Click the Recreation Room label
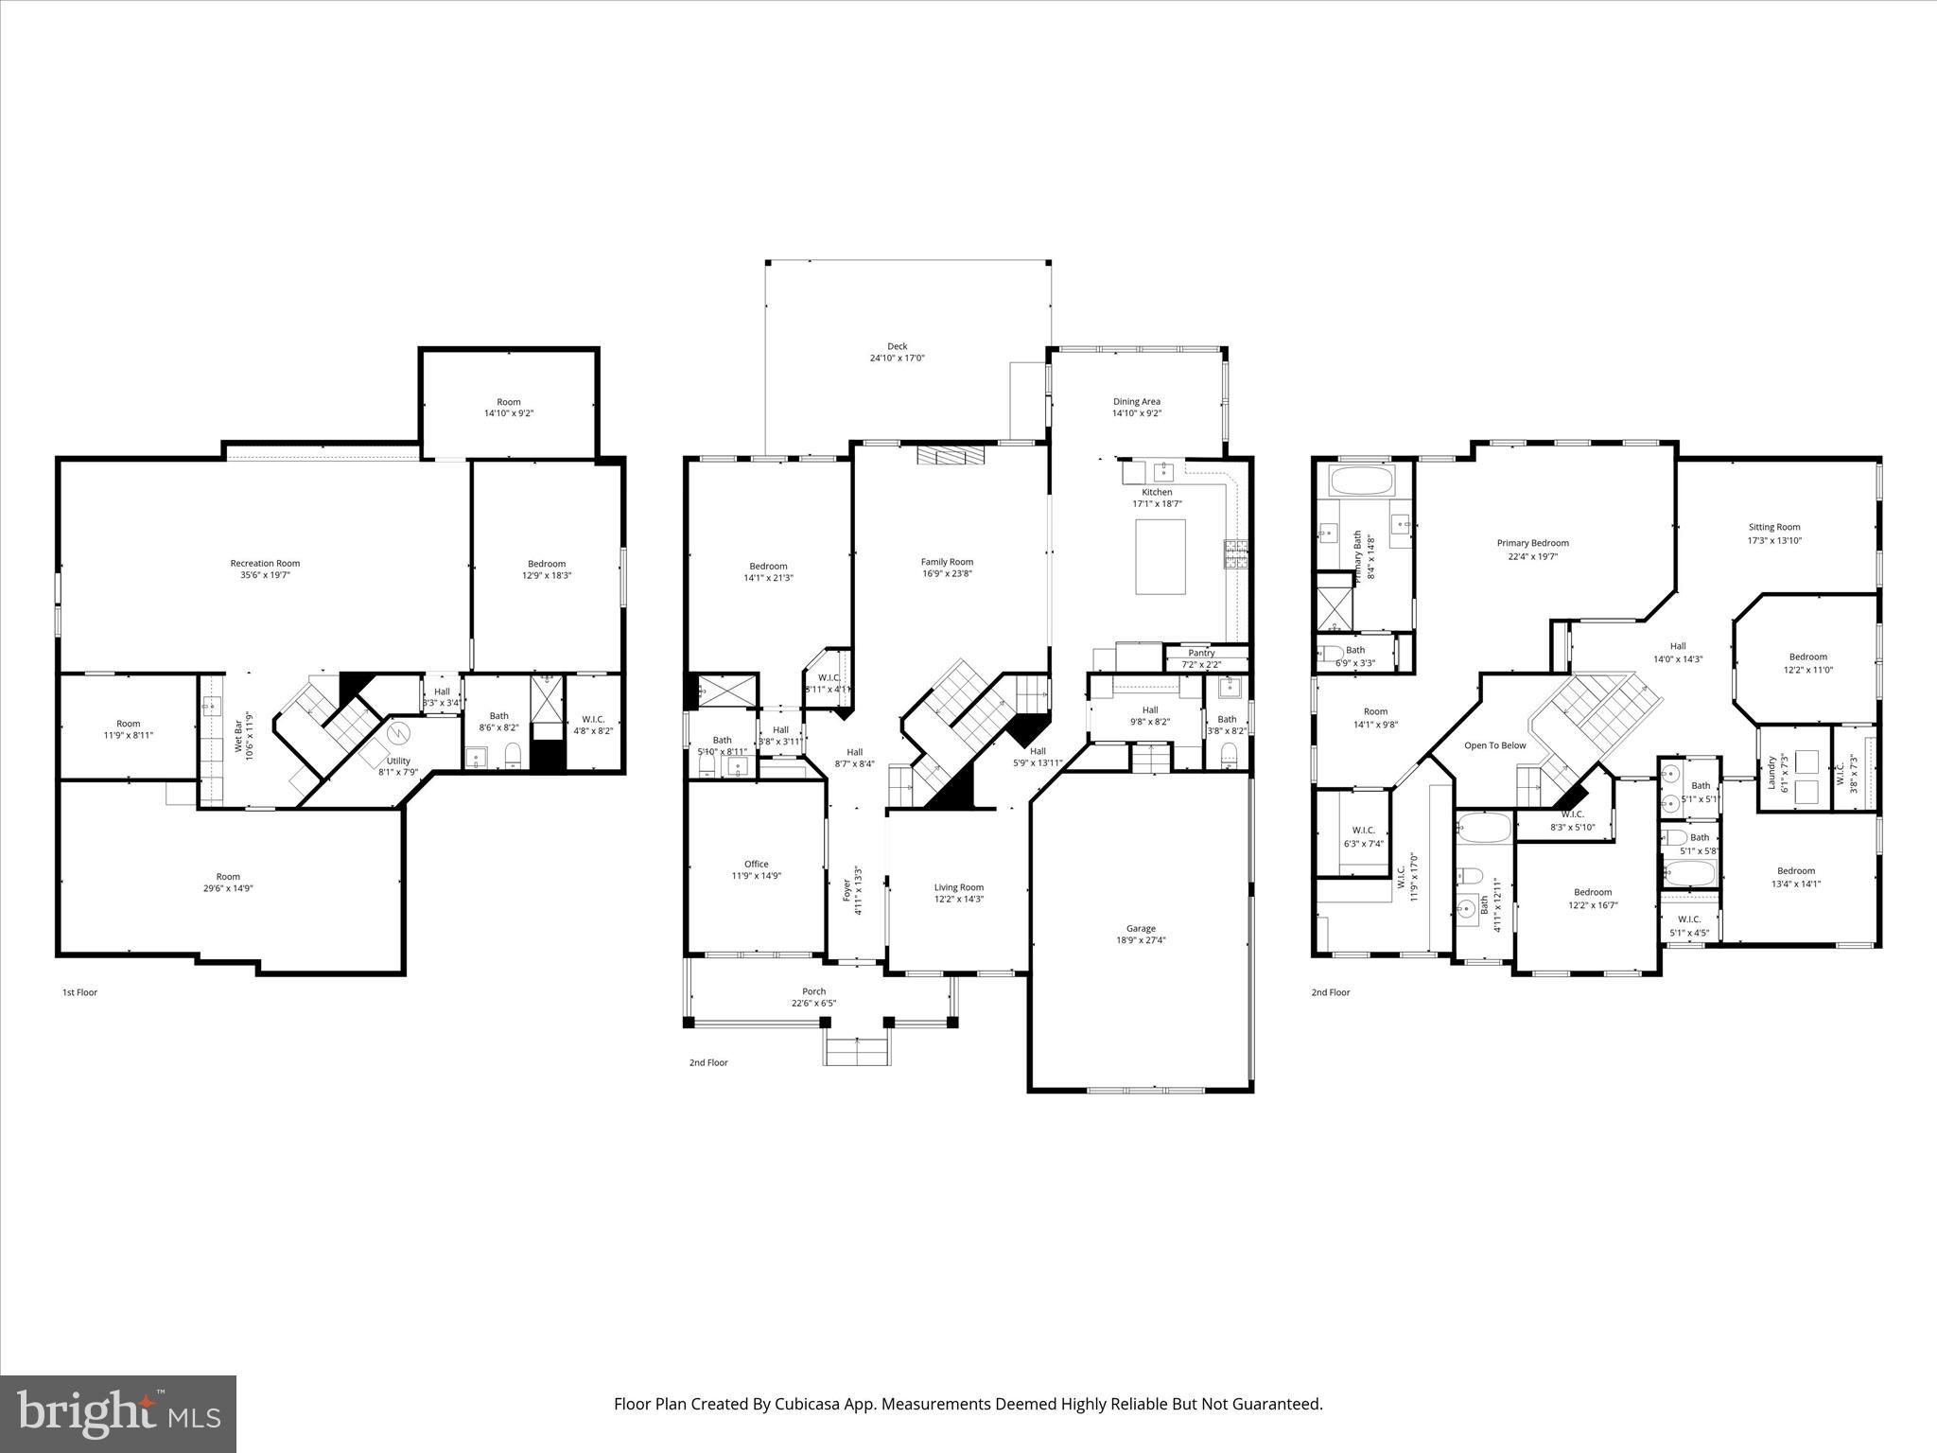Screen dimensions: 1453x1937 tap(265, 563)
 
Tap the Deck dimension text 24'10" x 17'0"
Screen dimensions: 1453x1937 tap(897, 359)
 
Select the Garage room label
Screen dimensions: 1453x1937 tap(1141, 928)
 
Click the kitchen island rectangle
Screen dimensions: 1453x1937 tap(1160, 556)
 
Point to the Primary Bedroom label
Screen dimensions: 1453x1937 tap(1532, 543)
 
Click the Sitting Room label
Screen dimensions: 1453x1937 tap(1774, 527)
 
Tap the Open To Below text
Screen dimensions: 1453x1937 tap(1495, 745)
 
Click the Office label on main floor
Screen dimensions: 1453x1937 tap(756, 864)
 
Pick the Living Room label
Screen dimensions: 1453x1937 tap(959, 887)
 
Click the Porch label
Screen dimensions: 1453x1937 tap(813, 991)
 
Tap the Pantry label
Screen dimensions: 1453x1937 tap(1201, 653)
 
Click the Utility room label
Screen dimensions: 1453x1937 tap(398, 761)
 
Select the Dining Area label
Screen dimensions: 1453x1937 tap(1136, 401)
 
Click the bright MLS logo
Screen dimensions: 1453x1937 tap(118, 1413)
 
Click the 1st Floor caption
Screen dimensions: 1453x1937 tap(79, 992)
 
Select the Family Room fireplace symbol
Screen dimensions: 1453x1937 tap(950, 456)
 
